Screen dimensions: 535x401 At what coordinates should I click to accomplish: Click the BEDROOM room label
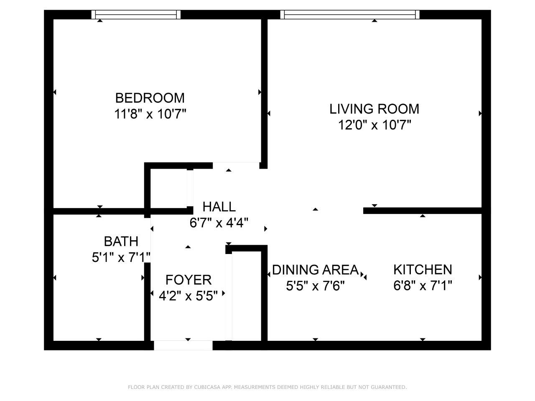(x=150, y=98)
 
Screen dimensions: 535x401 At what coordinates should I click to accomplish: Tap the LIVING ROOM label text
(x=374, y=109)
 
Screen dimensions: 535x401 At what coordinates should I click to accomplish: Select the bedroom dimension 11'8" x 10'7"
(x=150, y=114)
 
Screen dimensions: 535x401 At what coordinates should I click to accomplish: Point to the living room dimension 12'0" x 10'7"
(x=374, y=125)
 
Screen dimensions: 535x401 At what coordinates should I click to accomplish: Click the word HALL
(x=219, y=207)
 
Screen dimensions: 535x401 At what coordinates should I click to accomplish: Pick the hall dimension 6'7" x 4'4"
(x=219, y=223)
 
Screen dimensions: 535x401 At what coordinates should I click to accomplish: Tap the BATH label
(x=121, y=241)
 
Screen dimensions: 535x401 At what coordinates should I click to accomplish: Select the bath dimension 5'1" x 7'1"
(x=121, y=257)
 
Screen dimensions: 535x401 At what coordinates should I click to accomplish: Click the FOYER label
(x=188, y=280)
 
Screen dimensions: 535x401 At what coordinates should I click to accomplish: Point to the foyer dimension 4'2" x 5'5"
(x=188, y=296)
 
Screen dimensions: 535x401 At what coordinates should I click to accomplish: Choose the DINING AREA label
(x=316, y=270)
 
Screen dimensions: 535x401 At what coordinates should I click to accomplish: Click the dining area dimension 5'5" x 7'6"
(x=316, y=286)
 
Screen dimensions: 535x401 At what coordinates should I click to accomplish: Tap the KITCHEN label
(x=423, y=269)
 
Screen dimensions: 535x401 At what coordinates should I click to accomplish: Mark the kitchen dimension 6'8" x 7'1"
(x=423, y=285)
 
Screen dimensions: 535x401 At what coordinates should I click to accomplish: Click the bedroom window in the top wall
(x=136, y=14)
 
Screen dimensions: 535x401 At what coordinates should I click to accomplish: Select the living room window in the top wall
(x=350, y=14)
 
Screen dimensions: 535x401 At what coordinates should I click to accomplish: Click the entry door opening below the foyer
(x=183, y=345)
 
